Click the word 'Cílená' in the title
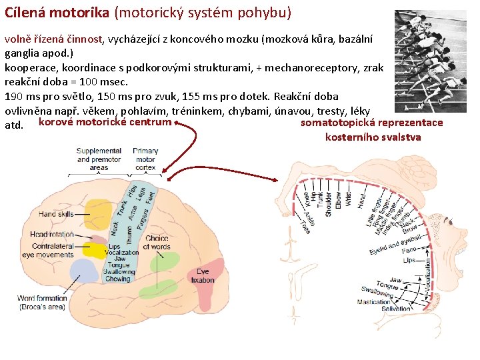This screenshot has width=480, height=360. point(26,12)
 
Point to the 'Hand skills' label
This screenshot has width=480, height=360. point(57,214)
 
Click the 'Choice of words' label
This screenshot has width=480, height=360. point(157,243)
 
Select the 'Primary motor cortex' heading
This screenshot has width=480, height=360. point(145,159)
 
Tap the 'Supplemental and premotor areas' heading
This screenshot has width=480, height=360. point(99,159)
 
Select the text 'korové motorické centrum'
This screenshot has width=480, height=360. point(105,123)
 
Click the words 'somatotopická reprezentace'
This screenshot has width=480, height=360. point(371,123)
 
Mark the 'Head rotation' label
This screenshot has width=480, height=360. point(52,234)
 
